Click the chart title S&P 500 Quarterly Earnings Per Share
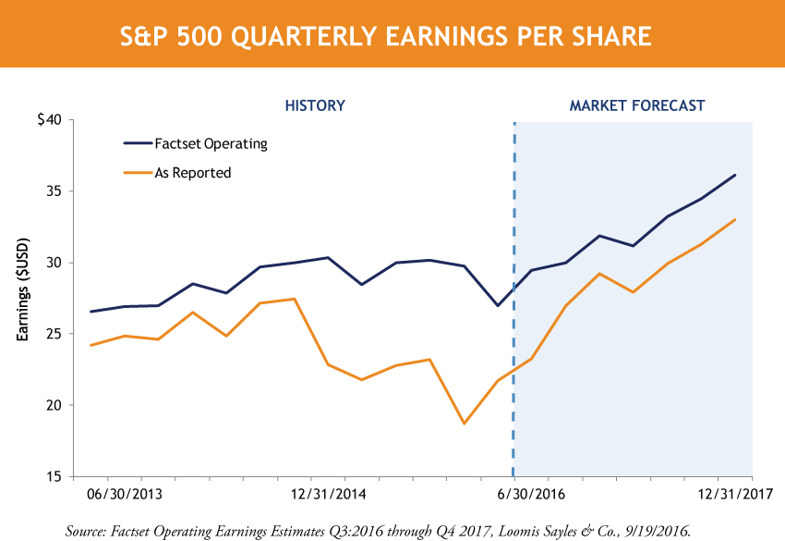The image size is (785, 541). (392, 36)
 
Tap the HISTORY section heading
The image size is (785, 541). (314, 105)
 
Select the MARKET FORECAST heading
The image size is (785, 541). (636, 105)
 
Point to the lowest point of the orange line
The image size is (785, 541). (464, 424)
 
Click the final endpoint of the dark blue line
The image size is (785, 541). (735, 175)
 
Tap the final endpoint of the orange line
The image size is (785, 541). (735, 219)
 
